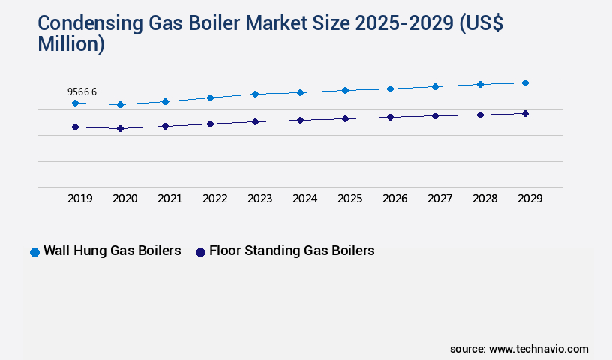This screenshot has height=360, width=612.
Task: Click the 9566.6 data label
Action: point(83,92)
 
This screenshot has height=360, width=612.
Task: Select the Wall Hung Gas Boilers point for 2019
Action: point(75,103)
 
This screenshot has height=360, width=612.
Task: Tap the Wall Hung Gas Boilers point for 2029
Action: point(525,82)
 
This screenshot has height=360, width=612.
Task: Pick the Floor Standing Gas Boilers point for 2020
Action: point(120,128)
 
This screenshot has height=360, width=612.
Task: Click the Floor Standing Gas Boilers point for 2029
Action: point(525,113)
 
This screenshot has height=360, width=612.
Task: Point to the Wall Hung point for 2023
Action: point(255,94)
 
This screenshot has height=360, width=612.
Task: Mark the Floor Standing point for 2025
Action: point(345,118)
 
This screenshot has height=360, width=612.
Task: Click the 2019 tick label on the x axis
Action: point(80,199)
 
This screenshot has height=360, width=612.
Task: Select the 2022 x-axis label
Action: point(215,199)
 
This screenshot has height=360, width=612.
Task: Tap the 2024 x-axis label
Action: point(305,199)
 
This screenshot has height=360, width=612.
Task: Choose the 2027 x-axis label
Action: point(440,199)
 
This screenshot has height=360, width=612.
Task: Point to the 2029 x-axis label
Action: point(530,199)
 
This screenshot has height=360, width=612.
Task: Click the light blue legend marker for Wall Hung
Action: point(34,252)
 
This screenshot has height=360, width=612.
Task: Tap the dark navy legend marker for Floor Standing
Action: point(200,252)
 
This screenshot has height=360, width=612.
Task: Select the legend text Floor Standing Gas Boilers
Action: point(292,250)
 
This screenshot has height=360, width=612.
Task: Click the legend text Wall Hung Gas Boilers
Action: point(112,250)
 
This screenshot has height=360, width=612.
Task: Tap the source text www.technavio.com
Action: point(538,349)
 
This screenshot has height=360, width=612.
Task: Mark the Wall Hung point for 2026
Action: point(390,88)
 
